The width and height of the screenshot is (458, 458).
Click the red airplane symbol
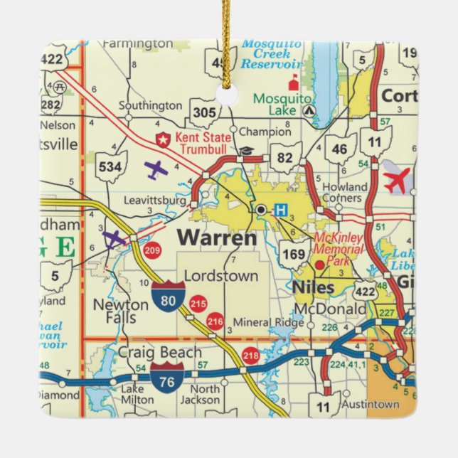[x=398, y=180]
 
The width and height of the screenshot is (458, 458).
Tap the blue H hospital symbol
[x=282, y=210]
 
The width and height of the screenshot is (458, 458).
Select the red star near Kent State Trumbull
[x=163, y=138]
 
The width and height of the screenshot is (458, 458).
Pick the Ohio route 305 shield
[x=205, y=112]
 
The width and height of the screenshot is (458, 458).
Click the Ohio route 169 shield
[x=293, y=252]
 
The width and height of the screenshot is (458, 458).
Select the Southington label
[x=150, y=105]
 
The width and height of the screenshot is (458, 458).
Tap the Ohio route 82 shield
[x=284, y=156]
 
